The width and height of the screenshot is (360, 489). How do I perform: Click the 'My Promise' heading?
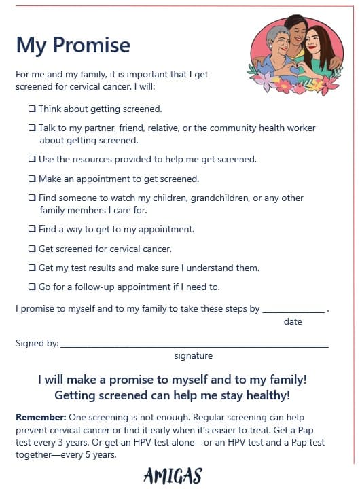tap(73, 45)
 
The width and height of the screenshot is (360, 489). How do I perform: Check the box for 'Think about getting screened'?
tap(32, 109)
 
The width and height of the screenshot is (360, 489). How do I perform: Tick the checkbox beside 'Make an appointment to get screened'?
tap(32, 179)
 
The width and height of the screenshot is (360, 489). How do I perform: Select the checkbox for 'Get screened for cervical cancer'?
tap(32, 249)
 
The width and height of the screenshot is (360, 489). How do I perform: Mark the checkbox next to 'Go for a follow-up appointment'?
tap(32, 287)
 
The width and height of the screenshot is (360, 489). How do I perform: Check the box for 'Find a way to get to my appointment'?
tap(32, 230)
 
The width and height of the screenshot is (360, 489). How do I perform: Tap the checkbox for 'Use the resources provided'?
tap(32, 160)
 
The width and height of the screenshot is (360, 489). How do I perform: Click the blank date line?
tap(293, 310)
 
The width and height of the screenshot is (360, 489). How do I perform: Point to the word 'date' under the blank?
tap(293, 322)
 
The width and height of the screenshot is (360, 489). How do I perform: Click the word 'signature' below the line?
tap(193, 356)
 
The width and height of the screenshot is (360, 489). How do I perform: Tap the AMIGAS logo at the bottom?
tap(173, 476)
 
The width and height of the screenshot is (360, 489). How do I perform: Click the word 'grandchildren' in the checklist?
tap(208, 198)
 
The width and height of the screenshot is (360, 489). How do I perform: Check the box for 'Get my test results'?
tap(32, 268)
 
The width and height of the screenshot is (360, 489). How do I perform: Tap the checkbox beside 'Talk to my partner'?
tap(32, 128)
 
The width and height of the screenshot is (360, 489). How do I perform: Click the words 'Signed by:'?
tap(37, 344)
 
